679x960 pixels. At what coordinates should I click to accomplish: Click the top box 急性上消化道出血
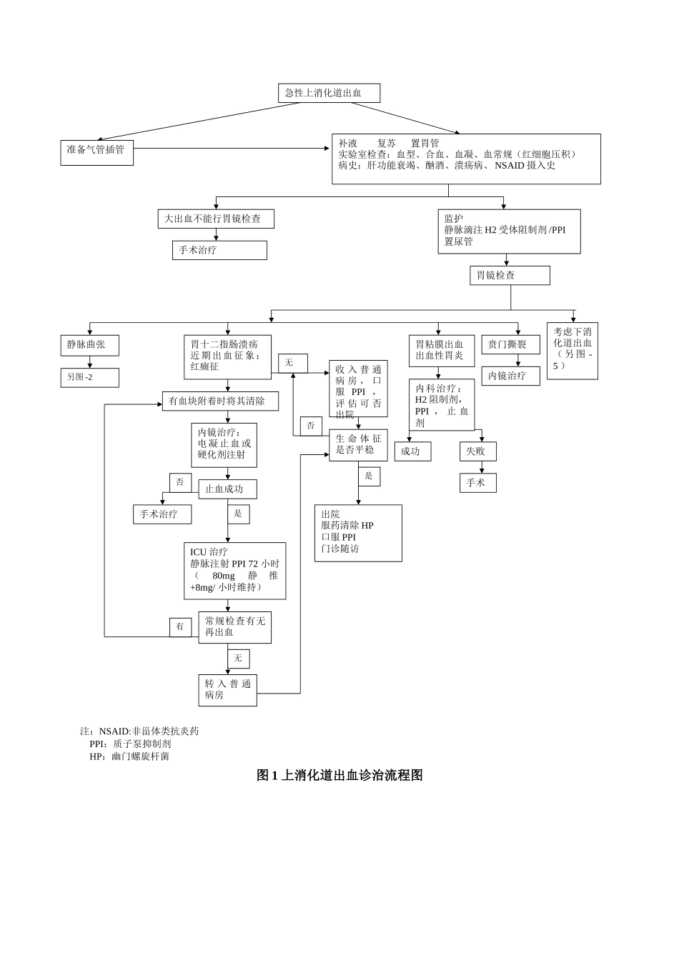329,93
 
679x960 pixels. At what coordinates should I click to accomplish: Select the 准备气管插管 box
96,152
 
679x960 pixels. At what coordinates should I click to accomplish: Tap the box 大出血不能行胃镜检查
216,219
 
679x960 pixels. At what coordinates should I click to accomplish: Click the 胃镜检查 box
510,275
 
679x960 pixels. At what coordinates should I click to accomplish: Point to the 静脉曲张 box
89,345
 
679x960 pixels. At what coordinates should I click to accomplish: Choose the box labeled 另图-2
89,377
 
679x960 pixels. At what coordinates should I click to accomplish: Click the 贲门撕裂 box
510,344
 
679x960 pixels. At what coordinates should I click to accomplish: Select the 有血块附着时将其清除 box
220,401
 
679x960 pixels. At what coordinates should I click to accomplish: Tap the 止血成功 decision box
227,489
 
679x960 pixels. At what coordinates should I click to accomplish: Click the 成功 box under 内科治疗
412,451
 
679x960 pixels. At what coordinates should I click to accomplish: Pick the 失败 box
477,451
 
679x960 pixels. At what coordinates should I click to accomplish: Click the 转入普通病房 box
227,690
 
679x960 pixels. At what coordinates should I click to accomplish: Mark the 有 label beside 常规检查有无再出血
180,627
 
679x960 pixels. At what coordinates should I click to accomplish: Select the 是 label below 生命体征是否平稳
369,476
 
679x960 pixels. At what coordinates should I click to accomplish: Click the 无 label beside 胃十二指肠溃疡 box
292,363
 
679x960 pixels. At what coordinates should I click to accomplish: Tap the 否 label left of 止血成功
180,482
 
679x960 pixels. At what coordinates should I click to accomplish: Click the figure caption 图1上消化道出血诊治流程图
339,775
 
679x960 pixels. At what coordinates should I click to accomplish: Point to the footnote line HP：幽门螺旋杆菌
129,756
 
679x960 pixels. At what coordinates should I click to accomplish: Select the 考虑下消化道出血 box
572,350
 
